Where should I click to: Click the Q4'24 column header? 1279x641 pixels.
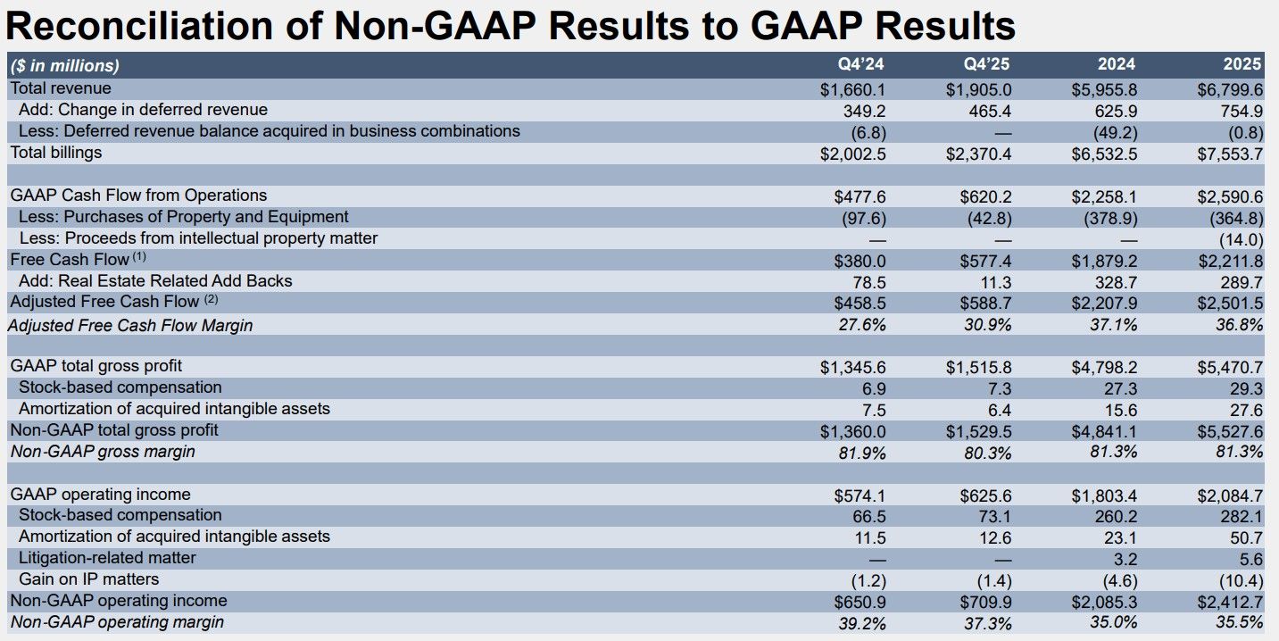tap(862, 64)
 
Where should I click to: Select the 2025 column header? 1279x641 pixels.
tap(1243, 64)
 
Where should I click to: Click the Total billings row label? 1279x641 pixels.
tap(56, 153)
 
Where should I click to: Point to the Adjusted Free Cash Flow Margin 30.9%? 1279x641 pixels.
tap(987, 325)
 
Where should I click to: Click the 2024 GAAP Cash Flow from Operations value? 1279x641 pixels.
tap(1103, 196)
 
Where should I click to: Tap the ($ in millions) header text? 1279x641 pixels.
tap(64, 65)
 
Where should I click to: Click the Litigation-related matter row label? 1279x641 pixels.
tap(107, 558)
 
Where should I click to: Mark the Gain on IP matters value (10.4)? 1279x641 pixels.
tap(1241, 579)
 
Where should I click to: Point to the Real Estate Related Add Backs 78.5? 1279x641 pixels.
tap(867, 281)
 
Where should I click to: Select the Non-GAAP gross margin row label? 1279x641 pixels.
tap(103, 452)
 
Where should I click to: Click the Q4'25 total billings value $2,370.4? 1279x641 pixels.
tap(978, 154)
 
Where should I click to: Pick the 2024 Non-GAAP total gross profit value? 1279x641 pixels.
tap(1103, 430)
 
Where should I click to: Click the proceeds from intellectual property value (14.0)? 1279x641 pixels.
tap(1241, 239)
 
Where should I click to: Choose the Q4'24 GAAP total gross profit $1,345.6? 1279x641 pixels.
tap(853, 367)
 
